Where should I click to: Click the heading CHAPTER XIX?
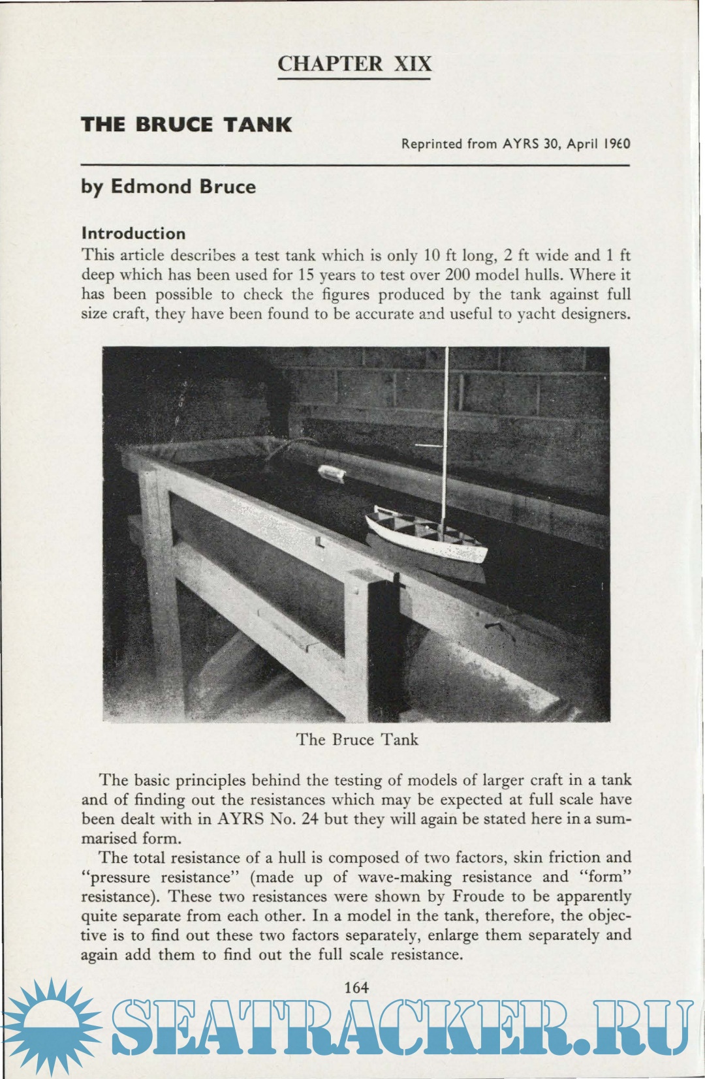[354, 64]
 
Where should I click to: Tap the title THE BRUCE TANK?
[186, 125]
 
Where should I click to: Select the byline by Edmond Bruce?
[168, 187]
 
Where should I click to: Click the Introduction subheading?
[133, 234]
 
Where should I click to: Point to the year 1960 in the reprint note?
[616, 144]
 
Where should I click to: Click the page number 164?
[356, 987]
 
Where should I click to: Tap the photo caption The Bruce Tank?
[357, 740]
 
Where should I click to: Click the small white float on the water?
[332, 472]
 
